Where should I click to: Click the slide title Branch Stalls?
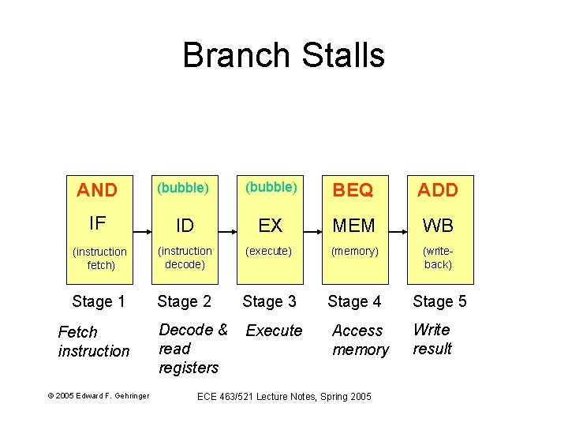(283, 56)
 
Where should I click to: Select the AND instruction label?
(97, 190)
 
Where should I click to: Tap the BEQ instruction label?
(354, 190)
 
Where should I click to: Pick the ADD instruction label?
(437, 190)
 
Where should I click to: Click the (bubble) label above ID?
(183, 189)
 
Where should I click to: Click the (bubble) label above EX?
(271, 188)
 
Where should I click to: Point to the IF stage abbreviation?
(97, 224)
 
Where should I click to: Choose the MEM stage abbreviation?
(354, 226)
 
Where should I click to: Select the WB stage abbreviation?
(437, 226)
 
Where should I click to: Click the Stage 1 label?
(99, 301)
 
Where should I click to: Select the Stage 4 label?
(354, 301)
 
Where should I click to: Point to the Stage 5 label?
(439, 301)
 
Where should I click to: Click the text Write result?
(432, 339)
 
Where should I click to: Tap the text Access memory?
(360, 340)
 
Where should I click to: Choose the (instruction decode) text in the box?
(185, 258)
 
